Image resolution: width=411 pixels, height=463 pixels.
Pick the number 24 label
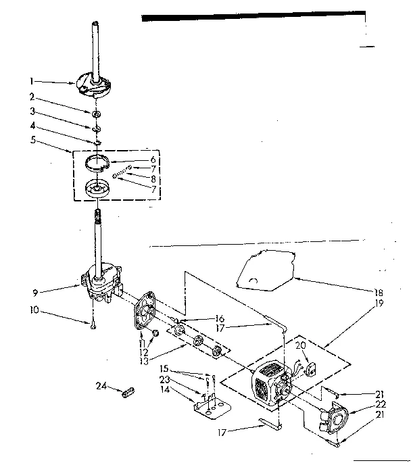point(101,386)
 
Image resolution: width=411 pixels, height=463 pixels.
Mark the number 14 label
point(164,389)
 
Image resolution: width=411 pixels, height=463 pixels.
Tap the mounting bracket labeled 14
point(210,408)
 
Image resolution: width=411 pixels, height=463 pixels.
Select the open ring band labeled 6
point(97,162)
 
